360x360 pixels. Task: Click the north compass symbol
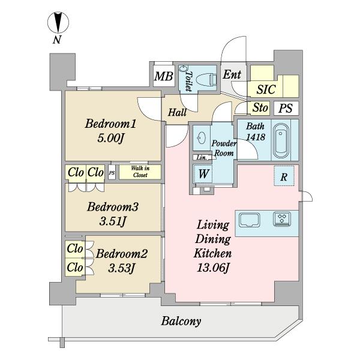[x=58, y=23]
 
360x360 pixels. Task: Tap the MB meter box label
[x=163, y=76]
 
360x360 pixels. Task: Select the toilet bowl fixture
[x=206, y=80]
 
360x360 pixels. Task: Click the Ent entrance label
[x=232, y=74]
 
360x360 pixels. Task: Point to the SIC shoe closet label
[x=266, y=89]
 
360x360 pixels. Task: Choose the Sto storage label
[x=260, y=107]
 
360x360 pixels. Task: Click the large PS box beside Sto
[x=286, y=108]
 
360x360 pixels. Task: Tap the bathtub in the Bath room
[x=281, y=140]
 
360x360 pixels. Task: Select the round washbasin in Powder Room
[x=202, y=138]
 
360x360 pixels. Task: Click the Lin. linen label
[x=202, y=158]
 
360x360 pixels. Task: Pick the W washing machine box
[x=203, y=173]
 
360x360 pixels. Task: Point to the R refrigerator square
[x=284, y=176]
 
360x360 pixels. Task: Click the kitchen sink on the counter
[x=250, y=220]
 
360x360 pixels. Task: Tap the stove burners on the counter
[x=282, y=219]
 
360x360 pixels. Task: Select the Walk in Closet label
[x=140, y=172]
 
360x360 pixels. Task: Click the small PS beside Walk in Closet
[x=112, y=173]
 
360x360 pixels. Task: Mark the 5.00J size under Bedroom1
[x=110, y=138]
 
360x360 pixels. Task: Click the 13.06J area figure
[x=213, y=268]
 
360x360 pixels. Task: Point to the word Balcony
[x=181, y=321]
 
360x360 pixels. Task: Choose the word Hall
[x=177, y=113]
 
